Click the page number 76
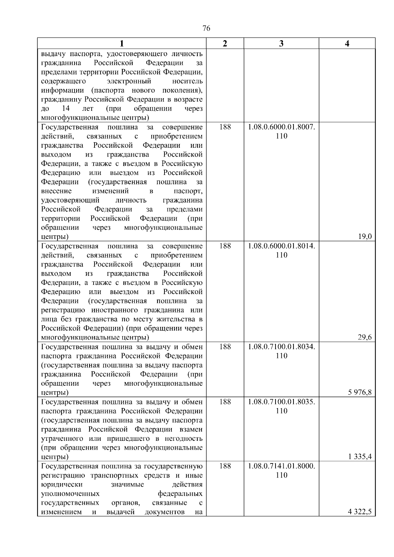pyautogui.click(x=207, y=29)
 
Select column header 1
pyautogui.click(x=121, y=44)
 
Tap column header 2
pyautogui.click(x=225, y=44)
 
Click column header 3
pyautogui.click(x=281, y=44)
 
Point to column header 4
pyautogui.click(x=347, y=44)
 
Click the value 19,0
pyautogui.click(x=365, y=237)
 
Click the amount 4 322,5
pyautogui.click(x=360, y=512)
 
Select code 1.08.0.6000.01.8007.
pyautogui.click(x=281, y=127)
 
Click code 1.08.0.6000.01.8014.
pyautogui.click(x=281, y=246)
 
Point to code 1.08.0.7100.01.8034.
pyautogui.click(x=281, y=347)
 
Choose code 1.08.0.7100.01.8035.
pyautogui.click(x=281, y=402)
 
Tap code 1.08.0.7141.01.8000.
pyautogui.click(x=281, y=466)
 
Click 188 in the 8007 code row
pyautogui.click(x=225, y=127)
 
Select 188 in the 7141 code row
pyautogui.click(x=225, y=466)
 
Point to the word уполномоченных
pyautogui.click(x=71, y=494)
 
